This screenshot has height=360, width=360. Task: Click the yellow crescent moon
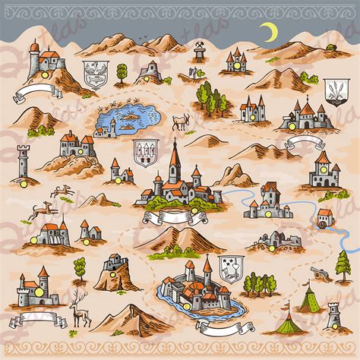point(267,32)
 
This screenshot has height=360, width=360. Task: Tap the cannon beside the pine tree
point(324,272)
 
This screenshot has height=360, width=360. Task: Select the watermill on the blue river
point(325,218)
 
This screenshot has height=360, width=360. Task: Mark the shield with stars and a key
point(229,267)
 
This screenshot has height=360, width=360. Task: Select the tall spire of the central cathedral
point(174,156)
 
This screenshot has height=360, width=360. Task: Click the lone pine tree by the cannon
point(343,266)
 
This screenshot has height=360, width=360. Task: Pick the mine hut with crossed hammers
point(200,52)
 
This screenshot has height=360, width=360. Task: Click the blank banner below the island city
point(222,329)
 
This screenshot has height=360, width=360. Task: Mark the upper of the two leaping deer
point(62,190)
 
